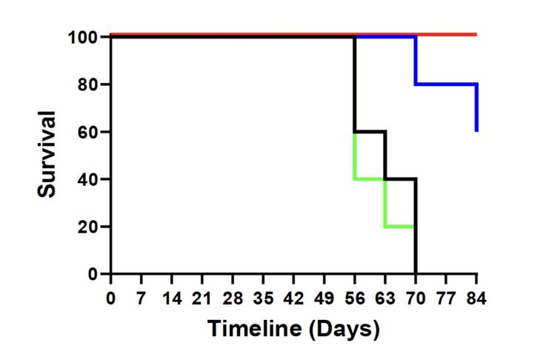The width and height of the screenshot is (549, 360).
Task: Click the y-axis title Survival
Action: (48, 154)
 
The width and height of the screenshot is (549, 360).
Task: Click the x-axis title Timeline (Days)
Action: (293, 327)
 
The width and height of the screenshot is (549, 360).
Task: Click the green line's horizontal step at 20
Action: (400, 226)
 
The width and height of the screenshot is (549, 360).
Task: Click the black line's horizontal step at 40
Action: (401, 179)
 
